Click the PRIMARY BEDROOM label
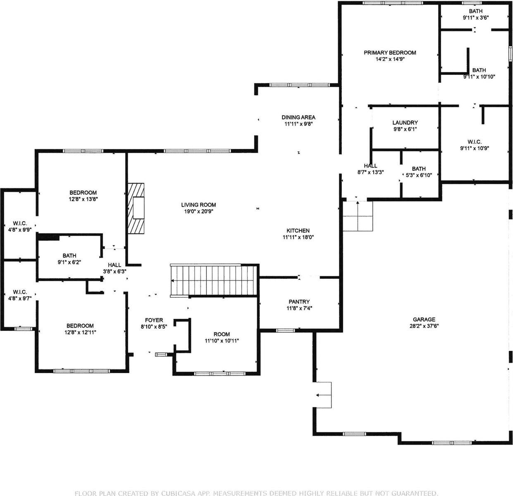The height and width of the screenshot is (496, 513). (x=390, y=53)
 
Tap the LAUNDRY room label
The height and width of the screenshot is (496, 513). (x=405, y=123)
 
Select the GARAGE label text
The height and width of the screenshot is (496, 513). (x=424, y=319)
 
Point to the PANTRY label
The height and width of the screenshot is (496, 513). (x=299, y=302)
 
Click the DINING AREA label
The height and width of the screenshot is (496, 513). (x=298, y=117)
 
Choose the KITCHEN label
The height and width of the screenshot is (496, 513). (x=298, y=230)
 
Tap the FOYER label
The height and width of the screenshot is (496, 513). (x=154, y=320)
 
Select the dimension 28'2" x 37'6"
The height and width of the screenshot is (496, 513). (x=424, y=326)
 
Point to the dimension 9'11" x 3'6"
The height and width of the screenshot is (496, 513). (x=476, y=18)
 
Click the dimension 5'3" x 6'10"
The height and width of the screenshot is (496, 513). (x=419, y=175)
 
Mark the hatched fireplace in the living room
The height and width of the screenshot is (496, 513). (x=136, y=208)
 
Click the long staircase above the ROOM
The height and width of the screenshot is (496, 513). (x=213, y=280)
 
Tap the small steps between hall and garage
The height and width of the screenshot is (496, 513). (x=358, y=216)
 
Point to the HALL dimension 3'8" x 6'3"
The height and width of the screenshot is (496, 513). (x=115, y=271)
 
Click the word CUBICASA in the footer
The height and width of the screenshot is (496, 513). (x=177, y=493)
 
